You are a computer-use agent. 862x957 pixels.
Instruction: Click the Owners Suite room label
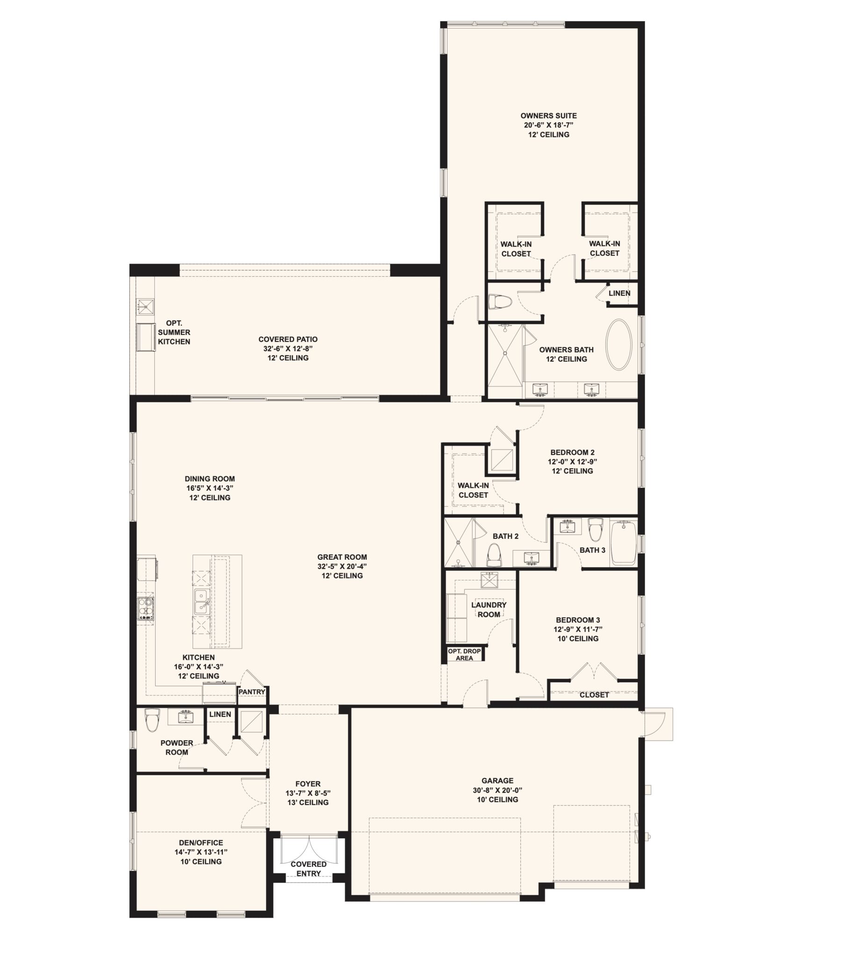[x=548, y=115]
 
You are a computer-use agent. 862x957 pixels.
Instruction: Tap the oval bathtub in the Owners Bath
[x=618, y=345]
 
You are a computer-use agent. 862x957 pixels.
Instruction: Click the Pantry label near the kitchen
[x=252, y=692]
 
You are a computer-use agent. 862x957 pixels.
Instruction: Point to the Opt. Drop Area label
[x=465, y=654]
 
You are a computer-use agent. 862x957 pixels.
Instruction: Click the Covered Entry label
[x=309, y=869]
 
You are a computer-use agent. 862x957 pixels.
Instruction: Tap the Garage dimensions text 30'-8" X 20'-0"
[x=497, y=790]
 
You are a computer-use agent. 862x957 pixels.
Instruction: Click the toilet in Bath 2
[x=494, y=555]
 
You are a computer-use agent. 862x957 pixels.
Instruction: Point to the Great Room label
[x=342, y=557]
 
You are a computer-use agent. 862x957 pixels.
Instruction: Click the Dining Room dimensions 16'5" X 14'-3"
[x=209, y=488]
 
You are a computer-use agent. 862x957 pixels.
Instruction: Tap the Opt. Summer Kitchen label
[x=174, y=332]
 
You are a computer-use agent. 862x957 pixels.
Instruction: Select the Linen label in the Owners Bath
[x=619, y=293]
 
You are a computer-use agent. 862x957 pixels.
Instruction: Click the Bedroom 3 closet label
[x=594, y=695]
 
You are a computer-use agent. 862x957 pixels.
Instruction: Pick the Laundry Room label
[x=489, y=609]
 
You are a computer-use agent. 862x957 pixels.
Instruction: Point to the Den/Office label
[x=201, y=843]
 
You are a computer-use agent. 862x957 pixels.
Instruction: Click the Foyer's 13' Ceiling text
[x=308, y=802]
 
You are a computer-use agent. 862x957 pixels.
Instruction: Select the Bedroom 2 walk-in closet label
[x=473, y=490]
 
